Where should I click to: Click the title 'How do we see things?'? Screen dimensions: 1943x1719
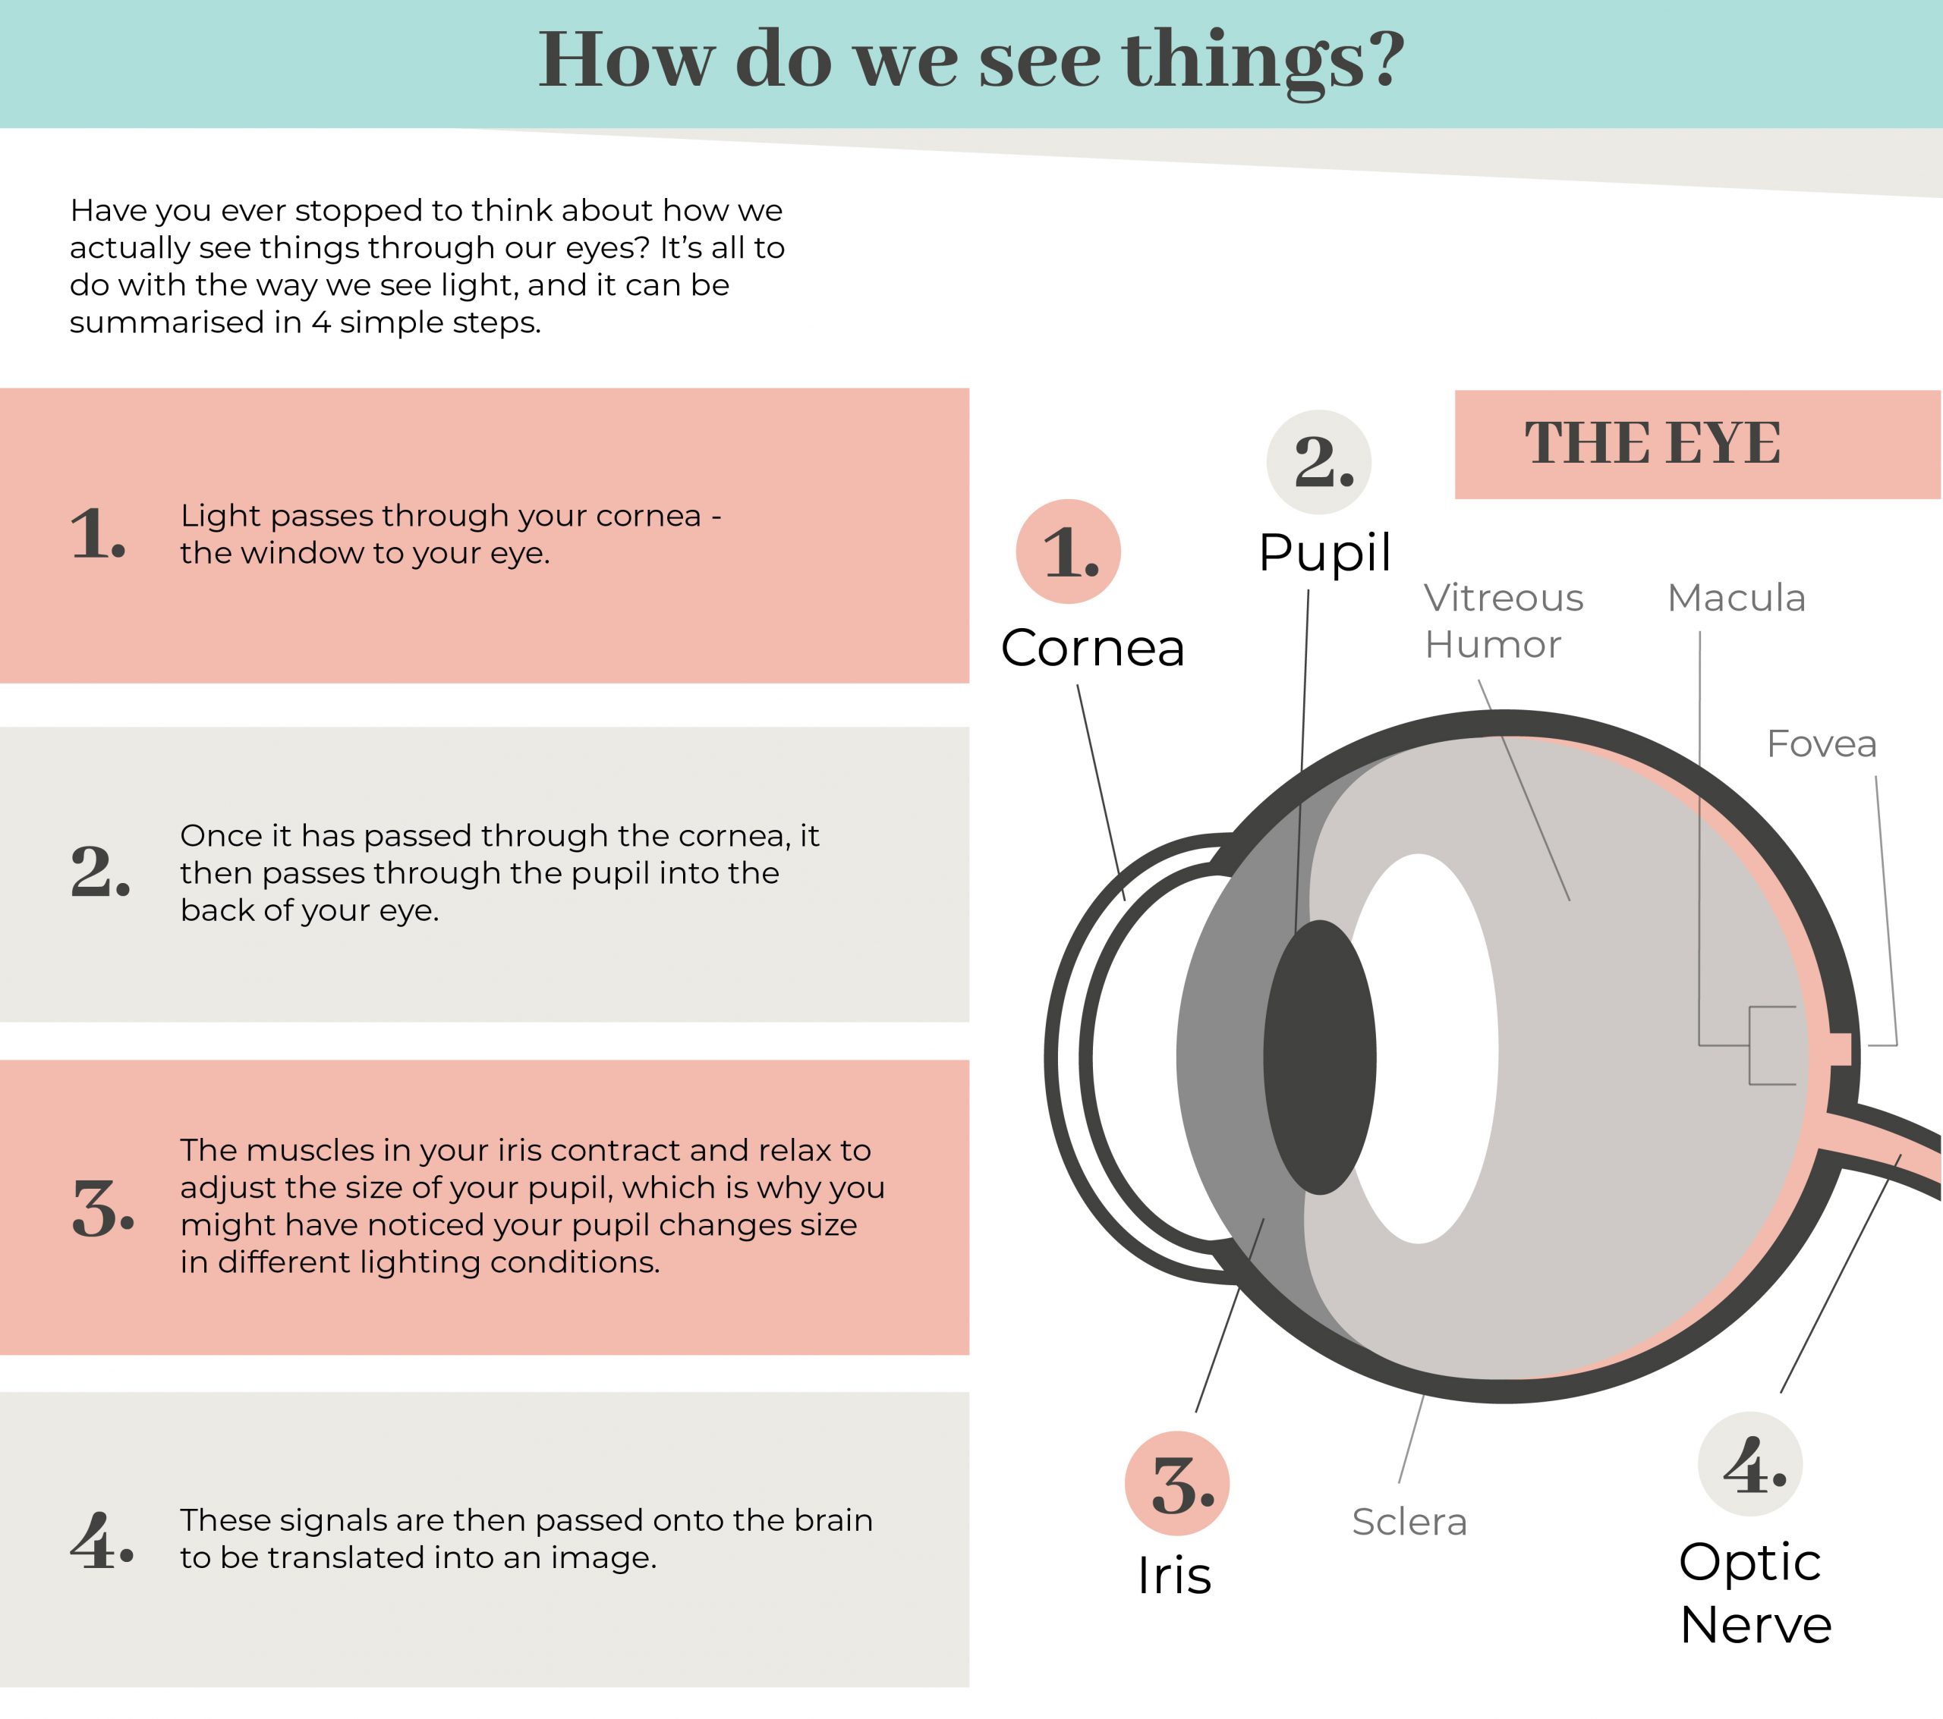tap(971, 61)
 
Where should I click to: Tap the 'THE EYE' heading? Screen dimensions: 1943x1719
tap(1653, 443)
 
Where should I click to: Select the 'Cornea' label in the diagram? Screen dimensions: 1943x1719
tap(1092, 648)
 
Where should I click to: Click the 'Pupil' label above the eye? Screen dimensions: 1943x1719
tap(1324, 553)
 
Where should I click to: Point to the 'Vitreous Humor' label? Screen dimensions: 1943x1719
tap(1503, 621)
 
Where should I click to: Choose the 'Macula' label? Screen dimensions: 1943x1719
tap(1736, 598)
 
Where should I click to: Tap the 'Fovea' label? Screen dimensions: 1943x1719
tap(1822, 744)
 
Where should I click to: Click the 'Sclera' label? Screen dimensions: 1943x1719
tap(1409, 1523)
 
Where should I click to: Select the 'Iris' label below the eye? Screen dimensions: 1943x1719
tap(1174, 1576)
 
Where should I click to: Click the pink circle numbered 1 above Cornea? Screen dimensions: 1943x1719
tap(1069, 552)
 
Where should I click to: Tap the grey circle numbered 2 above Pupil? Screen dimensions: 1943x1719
tap(1318, 463)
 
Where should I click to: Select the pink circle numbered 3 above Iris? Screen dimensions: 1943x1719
tap(1177, 1483)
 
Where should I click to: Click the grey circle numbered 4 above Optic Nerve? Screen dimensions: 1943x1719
tap(1750, 1464)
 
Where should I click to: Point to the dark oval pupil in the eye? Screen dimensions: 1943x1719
tap(1319, 1057)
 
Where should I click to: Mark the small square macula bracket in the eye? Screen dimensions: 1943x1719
tap(1772, 1045)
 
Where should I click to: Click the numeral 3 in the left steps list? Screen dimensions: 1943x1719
tap(102, 1208)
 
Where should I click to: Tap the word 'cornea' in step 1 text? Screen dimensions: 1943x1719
tap(648, 516)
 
